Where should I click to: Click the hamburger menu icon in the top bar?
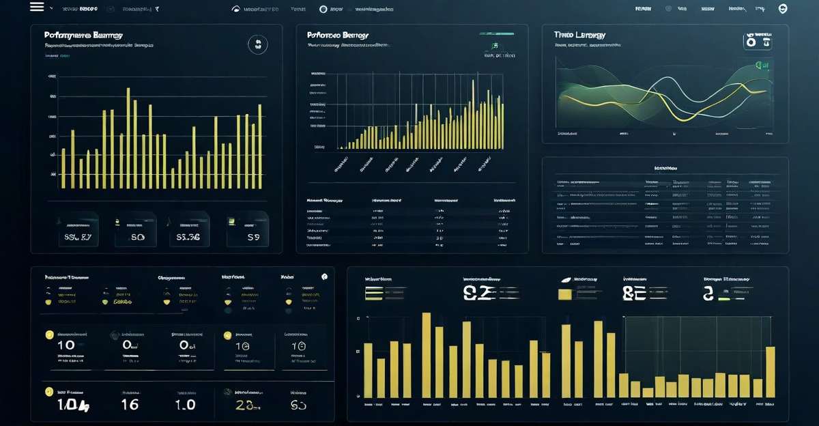[x=37, y=8]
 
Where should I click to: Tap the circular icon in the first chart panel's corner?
[x=258, y=45]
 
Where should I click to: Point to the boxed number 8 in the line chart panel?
[x=757, y=41]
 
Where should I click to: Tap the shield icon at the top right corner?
[x=783, y=9]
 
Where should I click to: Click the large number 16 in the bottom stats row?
[x=129, y=404]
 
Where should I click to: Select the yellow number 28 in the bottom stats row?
[x=244, y=404]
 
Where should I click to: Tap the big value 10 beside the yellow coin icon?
[x=66, y=345]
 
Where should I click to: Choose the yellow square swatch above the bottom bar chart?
[x=564, y=294]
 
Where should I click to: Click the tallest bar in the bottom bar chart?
[x=427, y=355]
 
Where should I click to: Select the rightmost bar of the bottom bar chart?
[x=771, y=372]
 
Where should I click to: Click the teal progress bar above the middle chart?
[x=496, y=33]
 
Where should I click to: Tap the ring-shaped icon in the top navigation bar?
[x=324, y=9]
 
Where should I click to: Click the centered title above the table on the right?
[x=665, y=167]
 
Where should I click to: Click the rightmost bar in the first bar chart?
[x=260, y=147]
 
